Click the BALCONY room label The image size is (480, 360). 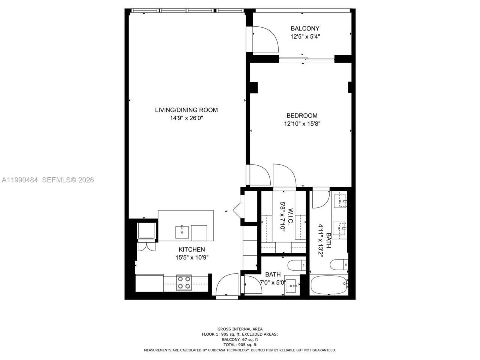tap(305, 28)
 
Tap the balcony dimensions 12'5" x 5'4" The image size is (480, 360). tap(305, 37)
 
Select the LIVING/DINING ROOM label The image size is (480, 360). tap(186, 110)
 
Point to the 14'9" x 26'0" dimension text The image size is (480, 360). tap(186, 118)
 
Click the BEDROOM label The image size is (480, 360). tap(302, 115)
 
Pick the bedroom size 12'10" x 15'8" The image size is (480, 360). tap(302, 123)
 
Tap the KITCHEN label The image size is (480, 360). tap(192, 249)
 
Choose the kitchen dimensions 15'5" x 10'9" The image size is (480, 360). tap(192, 258)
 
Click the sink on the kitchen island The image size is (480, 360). tap(183, 232)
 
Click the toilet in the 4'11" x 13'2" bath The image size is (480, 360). tap(339, 264)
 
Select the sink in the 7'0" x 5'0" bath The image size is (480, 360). tap(292, 286)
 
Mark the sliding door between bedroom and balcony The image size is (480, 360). tap(307, 59)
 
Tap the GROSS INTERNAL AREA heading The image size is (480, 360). tap(240, 329)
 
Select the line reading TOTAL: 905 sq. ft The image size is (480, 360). tap(240, 345)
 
